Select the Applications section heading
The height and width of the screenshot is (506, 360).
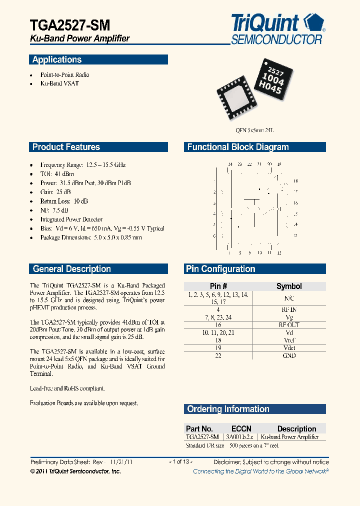click(57, 60)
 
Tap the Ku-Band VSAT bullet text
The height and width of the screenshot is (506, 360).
click(59, 83)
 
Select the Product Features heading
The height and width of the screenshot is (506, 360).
click(66, 147)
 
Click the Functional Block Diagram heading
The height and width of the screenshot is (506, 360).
click(238, 147)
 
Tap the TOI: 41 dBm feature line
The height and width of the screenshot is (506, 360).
click(57, 174)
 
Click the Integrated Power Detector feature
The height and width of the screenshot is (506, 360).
click(71, 219)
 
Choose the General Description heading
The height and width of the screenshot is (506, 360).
click(71, 269)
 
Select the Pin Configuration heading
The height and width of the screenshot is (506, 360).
click(220, 269)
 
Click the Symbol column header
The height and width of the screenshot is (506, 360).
click(289, 286)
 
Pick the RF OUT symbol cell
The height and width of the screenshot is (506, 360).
click(289, 325)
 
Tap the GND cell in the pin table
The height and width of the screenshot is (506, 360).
click(289, 355)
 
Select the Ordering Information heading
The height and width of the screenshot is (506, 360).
click(228, 409)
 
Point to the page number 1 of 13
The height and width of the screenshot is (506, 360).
click(180, 462)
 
